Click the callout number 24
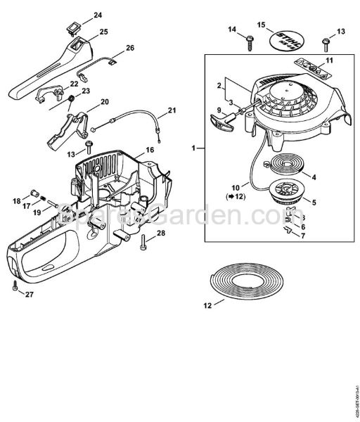click(97, 15)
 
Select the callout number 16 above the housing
click(150, 151)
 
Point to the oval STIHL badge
click(288, 39)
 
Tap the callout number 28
click(160, 233)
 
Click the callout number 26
click(130, 49)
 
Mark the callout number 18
click(16, 201)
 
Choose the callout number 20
click(105, 102)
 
